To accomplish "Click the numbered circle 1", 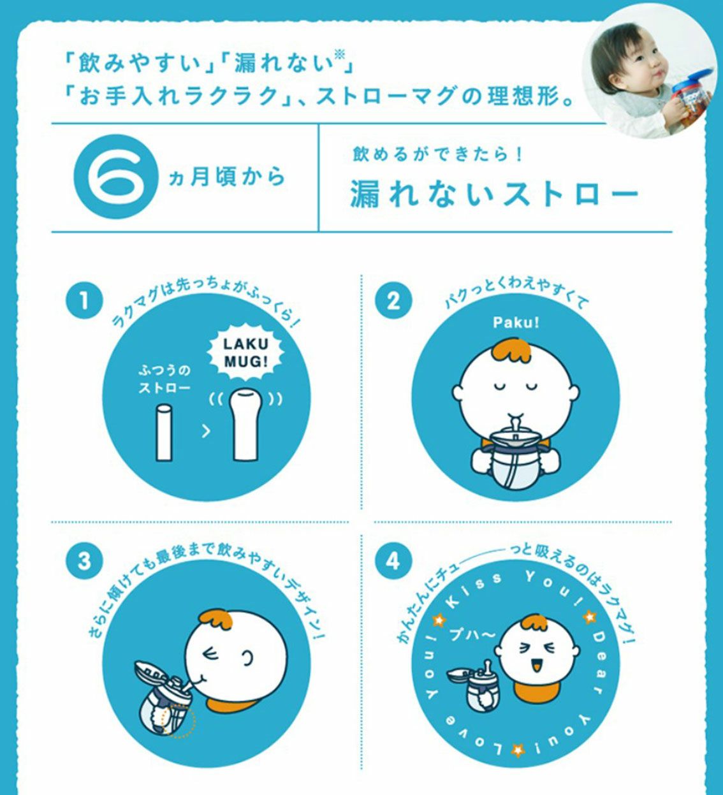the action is point(84,300).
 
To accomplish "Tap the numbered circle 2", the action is point(393,300).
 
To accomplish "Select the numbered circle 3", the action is point(84,561).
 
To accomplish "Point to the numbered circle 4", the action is point(393,561).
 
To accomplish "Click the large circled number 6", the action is point(116,177).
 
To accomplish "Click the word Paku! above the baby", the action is point(516,323).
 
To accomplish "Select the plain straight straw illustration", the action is point(164,432).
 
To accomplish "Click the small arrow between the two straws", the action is point(206,431).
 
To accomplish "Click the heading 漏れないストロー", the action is point(494,194).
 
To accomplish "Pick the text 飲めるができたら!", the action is point(437,154).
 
